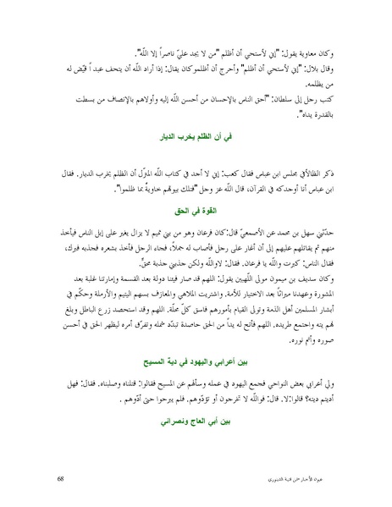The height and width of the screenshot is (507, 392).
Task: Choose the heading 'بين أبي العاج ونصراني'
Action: coord(197,418)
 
